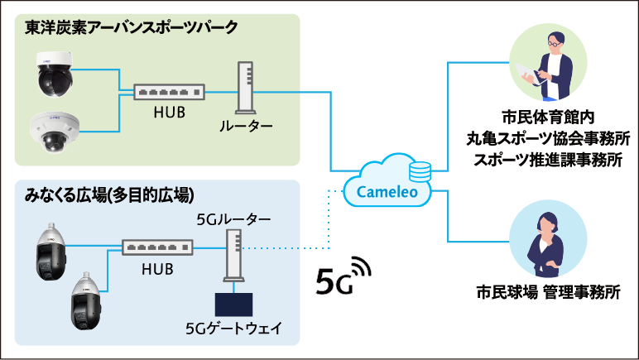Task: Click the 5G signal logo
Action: (344, 276)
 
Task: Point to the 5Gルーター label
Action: (233, 219)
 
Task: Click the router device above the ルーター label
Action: (245, 88)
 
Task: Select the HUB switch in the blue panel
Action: (157, 246)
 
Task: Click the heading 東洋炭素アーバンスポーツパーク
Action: (132, 28)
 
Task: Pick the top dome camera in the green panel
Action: (56, 72)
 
